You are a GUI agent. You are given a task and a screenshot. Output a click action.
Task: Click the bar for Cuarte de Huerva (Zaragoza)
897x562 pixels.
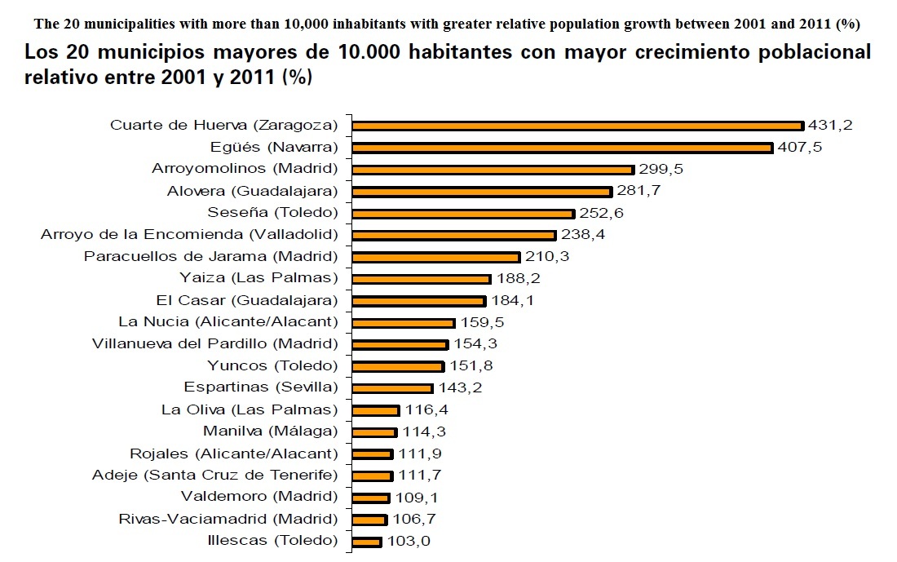pyautogui.click(x=578, y=126)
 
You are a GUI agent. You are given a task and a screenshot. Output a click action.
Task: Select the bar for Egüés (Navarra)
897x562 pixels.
pyautogui.click(x=563, y=148)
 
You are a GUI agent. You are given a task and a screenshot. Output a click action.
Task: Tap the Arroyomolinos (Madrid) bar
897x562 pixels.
pyautogui.click(x=493, y=170)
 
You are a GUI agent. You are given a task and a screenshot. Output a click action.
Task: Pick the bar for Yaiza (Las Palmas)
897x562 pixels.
pyautogui.click(x=422, y=279)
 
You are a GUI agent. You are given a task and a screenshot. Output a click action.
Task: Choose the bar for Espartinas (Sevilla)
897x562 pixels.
pyautogui.click(x=393, y=388)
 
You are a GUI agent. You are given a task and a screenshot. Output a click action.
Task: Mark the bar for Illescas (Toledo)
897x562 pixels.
pyautogui.click(x=367, y=541)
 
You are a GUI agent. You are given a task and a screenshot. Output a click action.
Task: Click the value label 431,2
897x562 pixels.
pyautogui.click(x=829, y=126)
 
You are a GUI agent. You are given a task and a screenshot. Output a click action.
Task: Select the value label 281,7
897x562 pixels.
pyautogui.click(x=638, y=192)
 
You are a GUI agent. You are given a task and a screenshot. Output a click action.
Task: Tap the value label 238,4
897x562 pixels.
pyautogui.click(x=582, y=235)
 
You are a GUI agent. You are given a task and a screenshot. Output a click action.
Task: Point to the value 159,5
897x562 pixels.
pyautogui.click(x=481, y=322)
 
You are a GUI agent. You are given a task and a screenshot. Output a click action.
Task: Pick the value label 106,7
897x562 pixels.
pyautogui.click(x=413, y=519)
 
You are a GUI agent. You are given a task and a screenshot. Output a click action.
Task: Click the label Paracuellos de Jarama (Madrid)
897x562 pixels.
pyautogui.click(x=210, y=257)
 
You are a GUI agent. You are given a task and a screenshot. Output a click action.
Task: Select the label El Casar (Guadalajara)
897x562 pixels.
pyautogui.click(x=246, y=300)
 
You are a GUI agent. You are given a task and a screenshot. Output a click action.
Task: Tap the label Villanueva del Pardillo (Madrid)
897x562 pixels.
pyautogui.click(x=214, y=344)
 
